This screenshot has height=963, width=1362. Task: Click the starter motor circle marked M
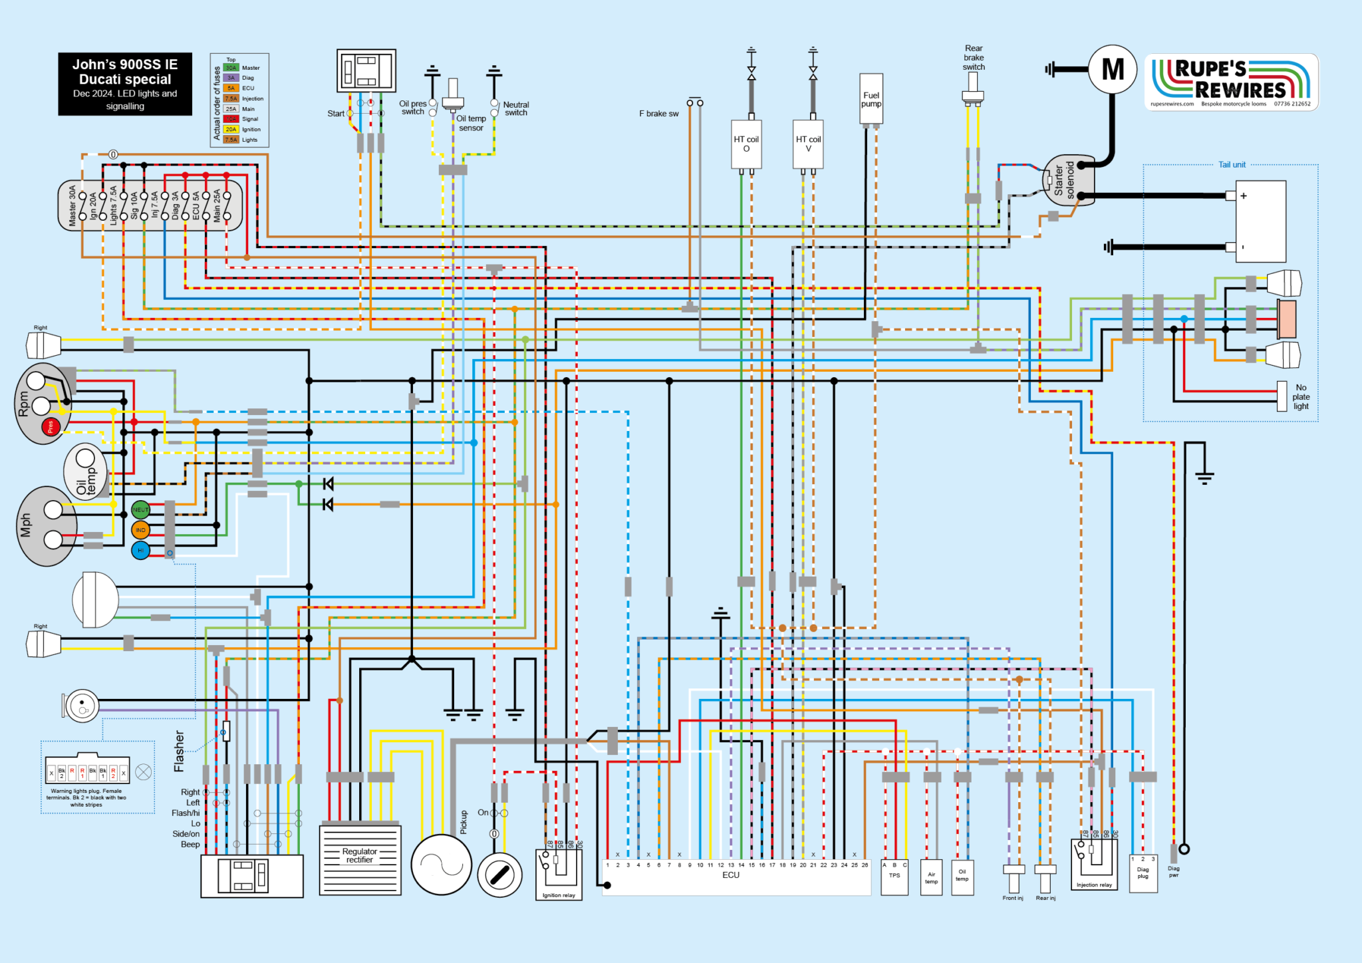(1113, 69)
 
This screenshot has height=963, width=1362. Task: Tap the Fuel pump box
(871, 99)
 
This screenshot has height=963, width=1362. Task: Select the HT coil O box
(746, 144)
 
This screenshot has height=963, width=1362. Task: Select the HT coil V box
(808, 144)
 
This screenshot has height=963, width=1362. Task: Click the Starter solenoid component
(1068, 180)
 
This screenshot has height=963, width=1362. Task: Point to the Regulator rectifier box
(360, 860)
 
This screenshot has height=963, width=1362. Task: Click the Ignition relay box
(559, 874)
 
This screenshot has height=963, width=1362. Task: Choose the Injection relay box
(1094, 864)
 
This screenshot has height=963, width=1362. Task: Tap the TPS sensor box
(894, 877)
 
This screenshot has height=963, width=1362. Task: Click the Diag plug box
(1143, 873)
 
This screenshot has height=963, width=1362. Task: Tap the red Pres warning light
(51, 426)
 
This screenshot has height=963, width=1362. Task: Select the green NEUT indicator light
(140, 510)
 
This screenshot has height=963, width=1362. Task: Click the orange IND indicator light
(140, 530)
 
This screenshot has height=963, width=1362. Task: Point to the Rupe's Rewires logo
(1231, 82)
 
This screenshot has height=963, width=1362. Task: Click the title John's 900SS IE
(125, 65)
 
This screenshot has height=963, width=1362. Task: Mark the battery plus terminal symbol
(1243, 196)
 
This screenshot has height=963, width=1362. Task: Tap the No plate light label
(1301, 396)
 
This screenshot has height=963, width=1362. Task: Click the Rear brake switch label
(974, 57)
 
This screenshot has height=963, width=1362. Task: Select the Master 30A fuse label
(72, 206)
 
